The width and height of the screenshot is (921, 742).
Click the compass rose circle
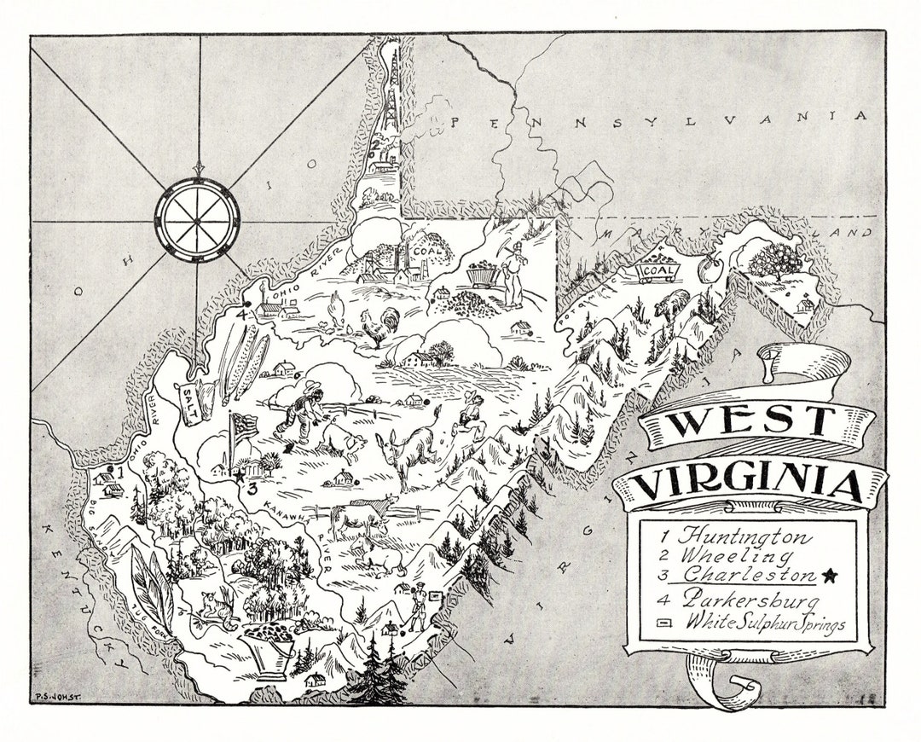click(197, 210)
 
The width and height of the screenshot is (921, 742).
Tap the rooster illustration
click(375, 327)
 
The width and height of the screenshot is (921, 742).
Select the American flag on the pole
click(244, 426)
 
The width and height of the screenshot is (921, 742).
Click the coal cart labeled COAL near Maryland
click(659, 270)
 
